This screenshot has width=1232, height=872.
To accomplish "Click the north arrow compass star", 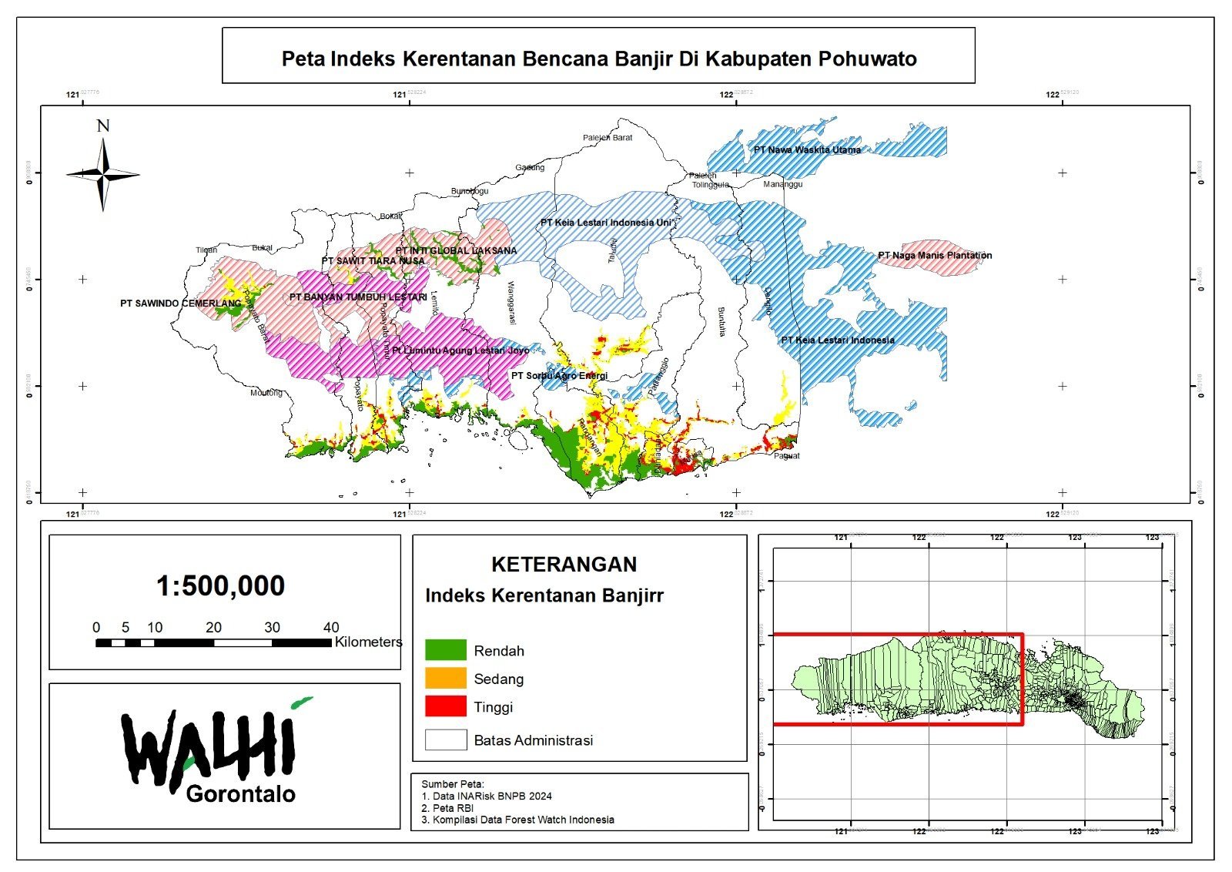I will [x=103, y=175].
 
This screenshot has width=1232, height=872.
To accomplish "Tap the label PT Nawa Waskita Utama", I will [x=806, y=150].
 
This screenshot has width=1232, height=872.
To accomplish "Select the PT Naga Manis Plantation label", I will [x=935, y=256].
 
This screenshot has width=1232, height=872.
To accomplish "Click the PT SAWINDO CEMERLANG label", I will [x=180, y=304].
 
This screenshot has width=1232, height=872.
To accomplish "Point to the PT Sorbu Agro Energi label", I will [x=559, y=376].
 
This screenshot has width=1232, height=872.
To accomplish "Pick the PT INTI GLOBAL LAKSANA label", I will [x=456, y=251].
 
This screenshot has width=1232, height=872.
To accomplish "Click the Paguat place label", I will [x=786, y=456].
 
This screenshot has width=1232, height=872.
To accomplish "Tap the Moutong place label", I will [x=266, y=393].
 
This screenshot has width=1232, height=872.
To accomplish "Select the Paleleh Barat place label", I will [x=608, y=138].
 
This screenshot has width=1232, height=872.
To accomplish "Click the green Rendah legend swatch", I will [x=446, y=650].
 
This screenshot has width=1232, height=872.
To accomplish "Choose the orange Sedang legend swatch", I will [x=446, y=679].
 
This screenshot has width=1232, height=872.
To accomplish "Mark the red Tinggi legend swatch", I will [x=446, y=706].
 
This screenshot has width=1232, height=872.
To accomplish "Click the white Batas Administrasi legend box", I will [x=446, y=740].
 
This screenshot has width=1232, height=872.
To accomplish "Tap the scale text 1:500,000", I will [x=220, y=586].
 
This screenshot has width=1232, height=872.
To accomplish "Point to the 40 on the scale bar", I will [x=331, y=627].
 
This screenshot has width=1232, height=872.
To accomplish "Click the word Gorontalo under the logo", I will [x=240, y=794].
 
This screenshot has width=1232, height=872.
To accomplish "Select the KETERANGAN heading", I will [x=564, y=565].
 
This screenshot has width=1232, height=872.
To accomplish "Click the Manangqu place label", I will [x=782, y=185].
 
